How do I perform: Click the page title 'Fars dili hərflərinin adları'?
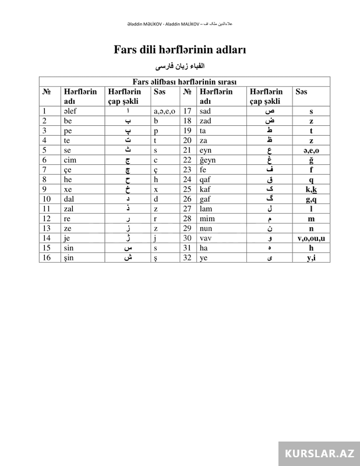click(179, 50)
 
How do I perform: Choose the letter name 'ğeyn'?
click(207, 159)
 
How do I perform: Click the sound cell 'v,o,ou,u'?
click(310, 238)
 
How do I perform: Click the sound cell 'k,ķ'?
click(310, 189)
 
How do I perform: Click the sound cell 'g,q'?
click(310, 199)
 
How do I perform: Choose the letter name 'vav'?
click(205, 238)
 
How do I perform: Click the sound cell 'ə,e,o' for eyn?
click(310, 150)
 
